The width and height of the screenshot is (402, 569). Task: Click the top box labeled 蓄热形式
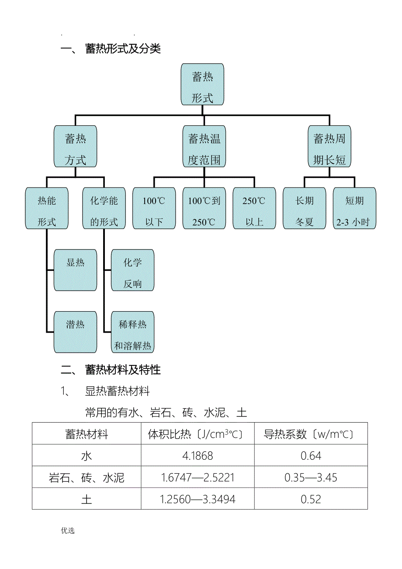pyautogui.click(x=202, y=84)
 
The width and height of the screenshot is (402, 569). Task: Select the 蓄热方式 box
pyautogui.click(x=75, y=146)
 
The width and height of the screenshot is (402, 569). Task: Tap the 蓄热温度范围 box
pyautogui.click(x=204, y=146)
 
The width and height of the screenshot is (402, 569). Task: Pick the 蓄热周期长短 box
pyautogui.click(x=329, y=146)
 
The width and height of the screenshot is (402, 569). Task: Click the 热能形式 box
pyautogui.click(x=47, y=208)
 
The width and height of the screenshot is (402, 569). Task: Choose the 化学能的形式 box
pyautogui.click(x=104, y=208)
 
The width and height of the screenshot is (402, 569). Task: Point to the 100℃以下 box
pyautogui.click(x=154, y=208)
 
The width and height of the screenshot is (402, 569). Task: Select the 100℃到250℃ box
pyautogui.click(x=204, y=208)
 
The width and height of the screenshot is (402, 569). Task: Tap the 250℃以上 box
pyautogui.click(x=254, y=208)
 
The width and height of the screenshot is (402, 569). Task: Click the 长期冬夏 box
pyautogui.click(x=304, y=208)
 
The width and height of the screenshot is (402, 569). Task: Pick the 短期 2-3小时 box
pyautogui.click(x=354, y=208)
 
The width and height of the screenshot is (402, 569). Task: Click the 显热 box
pyautogui.click(x=75, y=270)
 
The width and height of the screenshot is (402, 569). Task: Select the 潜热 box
pyautogui.click(x=75, y=332)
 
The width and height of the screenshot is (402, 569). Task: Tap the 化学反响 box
pyautogui.click(x=132, y=270)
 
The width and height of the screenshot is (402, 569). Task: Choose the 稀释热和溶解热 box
pyautogui.click(x=132, y=332)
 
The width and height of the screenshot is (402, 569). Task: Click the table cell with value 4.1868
pyautogui.click(x=198, y=456)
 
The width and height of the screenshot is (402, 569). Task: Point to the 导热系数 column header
pyautogui.click(x=311, y=434)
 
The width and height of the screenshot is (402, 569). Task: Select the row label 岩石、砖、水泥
pyautogui.click(x=87, y=478)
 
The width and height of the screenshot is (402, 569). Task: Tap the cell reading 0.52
pyautogui.click(x=311, y=499)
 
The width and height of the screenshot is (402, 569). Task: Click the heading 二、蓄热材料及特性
pyautogui.click(x=111, y=370)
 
